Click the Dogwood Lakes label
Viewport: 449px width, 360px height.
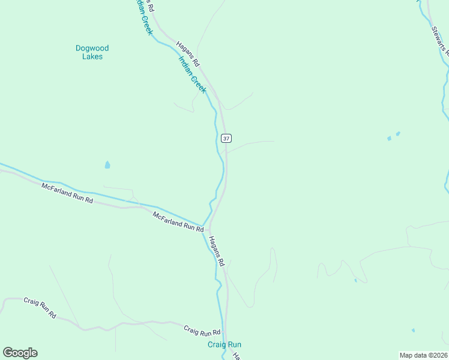92,52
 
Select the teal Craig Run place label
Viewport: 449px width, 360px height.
224,344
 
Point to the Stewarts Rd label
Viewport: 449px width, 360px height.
439,40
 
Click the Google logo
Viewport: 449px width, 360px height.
20,353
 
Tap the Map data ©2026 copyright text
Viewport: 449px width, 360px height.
423,355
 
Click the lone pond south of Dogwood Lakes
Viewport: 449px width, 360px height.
107,164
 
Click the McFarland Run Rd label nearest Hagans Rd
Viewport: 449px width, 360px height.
178,221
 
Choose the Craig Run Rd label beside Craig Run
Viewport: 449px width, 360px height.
202,331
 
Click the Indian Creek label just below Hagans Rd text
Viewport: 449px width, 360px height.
192,75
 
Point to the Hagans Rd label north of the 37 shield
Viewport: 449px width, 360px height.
187,53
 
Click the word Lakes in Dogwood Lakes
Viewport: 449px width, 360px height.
92,57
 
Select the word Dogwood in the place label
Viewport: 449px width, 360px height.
92,48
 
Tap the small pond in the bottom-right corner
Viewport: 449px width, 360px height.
413,330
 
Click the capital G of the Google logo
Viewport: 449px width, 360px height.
8,353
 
